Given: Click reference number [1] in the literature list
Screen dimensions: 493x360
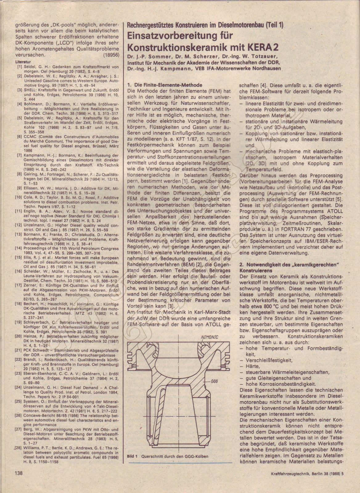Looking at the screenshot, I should pyautogui.click(x=20, y=67).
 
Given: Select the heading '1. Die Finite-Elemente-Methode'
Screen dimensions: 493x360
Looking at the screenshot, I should pyautogui.click(x=165, y=85).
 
